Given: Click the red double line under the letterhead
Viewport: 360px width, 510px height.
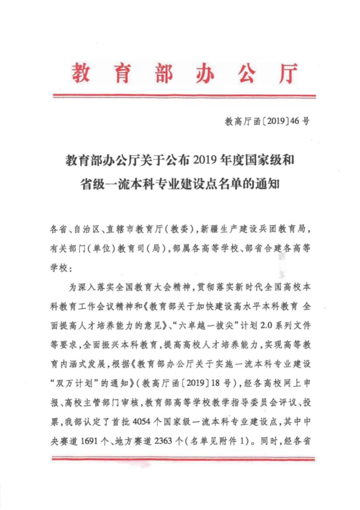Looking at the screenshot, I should (184, 96).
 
